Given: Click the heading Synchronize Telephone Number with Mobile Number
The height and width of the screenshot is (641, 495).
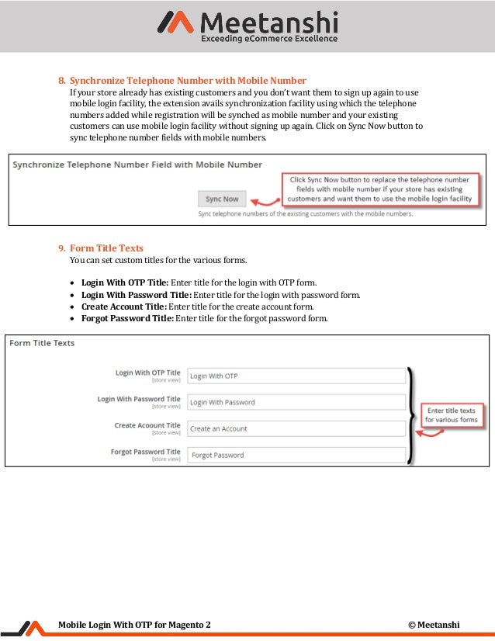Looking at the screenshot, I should [188, 81].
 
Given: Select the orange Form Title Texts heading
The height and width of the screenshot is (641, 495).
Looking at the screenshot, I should [106, 248].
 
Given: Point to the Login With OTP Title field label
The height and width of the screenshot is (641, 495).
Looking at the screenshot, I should [147, 373].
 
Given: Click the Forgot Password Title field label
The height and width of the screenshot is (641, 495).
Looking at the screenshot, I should [145, 452].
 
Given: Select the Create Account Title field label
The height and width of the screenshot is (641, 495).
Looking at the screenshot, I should [147, 425].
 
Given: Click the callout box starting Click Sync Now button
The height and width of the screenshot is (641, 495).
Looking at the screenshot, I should [379, 189].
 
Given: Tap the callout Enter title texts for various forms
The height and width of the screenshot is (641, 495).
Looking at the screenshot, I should [451, 414].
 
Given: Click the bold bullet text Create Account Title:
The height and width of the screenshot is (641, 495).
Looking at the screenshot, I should [123, 307].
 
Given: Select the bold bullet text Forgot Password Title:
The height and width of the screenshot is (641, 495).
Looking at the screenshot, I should [127, 318].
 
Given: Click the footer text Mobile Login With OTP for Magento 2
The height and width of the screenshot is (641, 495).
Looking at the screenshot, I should [134, 625].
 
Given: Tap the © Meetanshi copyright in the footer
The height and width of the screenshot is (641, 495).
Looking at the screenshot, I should [434, 625].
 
